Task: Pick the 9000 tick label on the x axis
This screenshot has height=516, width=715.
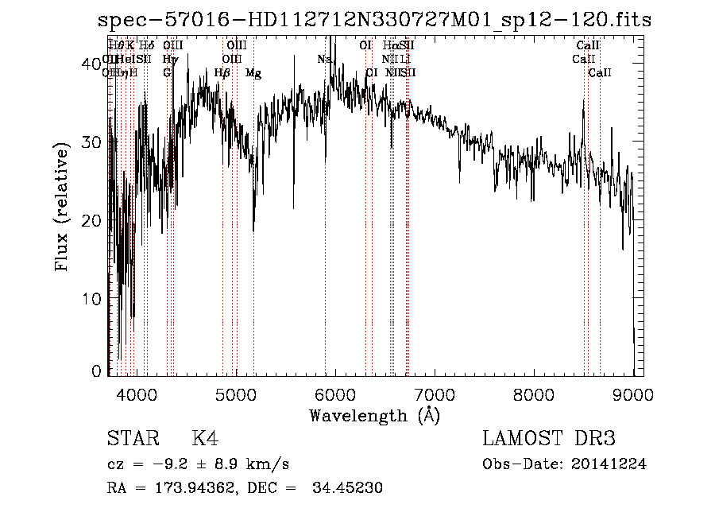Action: point(632,394)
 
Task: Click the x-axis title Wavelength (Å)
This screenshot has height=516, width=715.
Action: point(374,415)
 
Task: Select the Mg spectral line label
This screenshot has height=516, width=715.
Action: point(253,73)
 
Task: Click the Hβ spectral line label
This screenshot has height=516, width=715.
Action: point(222,73)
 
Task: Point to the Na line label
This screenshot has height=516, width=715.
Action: point(324,60)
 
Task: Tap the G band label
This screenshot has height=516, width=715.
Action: point(167,73)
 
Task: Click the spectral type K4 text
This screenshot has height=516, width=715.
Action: point(205,440)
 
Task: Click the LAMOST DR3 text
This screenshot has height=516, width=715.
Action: point(548,440)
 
